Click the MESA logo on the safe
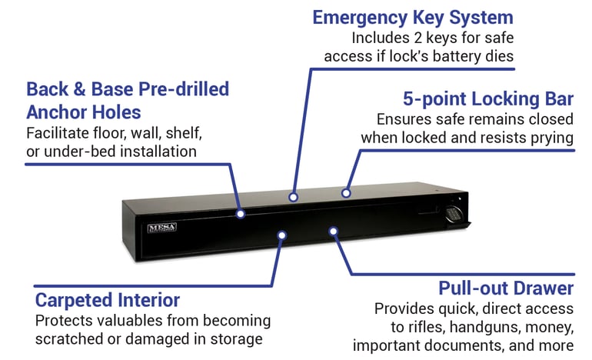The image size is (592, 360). click(162, 228)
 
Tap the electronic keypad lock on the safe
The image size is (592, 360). click(453, 215)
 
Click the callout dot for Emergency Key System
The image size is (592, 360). click(293, 197)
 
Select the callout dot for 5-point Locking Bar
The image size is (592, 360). click(346, 193)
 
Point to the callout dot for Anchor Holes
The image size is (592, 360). click(241, 214)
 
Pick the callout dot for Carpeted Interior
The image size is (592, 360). click(281, 235)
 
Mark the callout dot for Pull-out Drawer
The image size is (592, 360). click(333, 231)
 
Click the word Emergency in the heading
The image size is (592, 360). click(360, 18)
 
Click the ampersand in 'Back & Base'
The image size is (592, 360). click(79, 89)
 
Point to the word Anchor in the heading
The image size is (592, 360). click(57, 112)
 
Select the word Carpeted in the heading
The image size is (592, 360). click(74, 301)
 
